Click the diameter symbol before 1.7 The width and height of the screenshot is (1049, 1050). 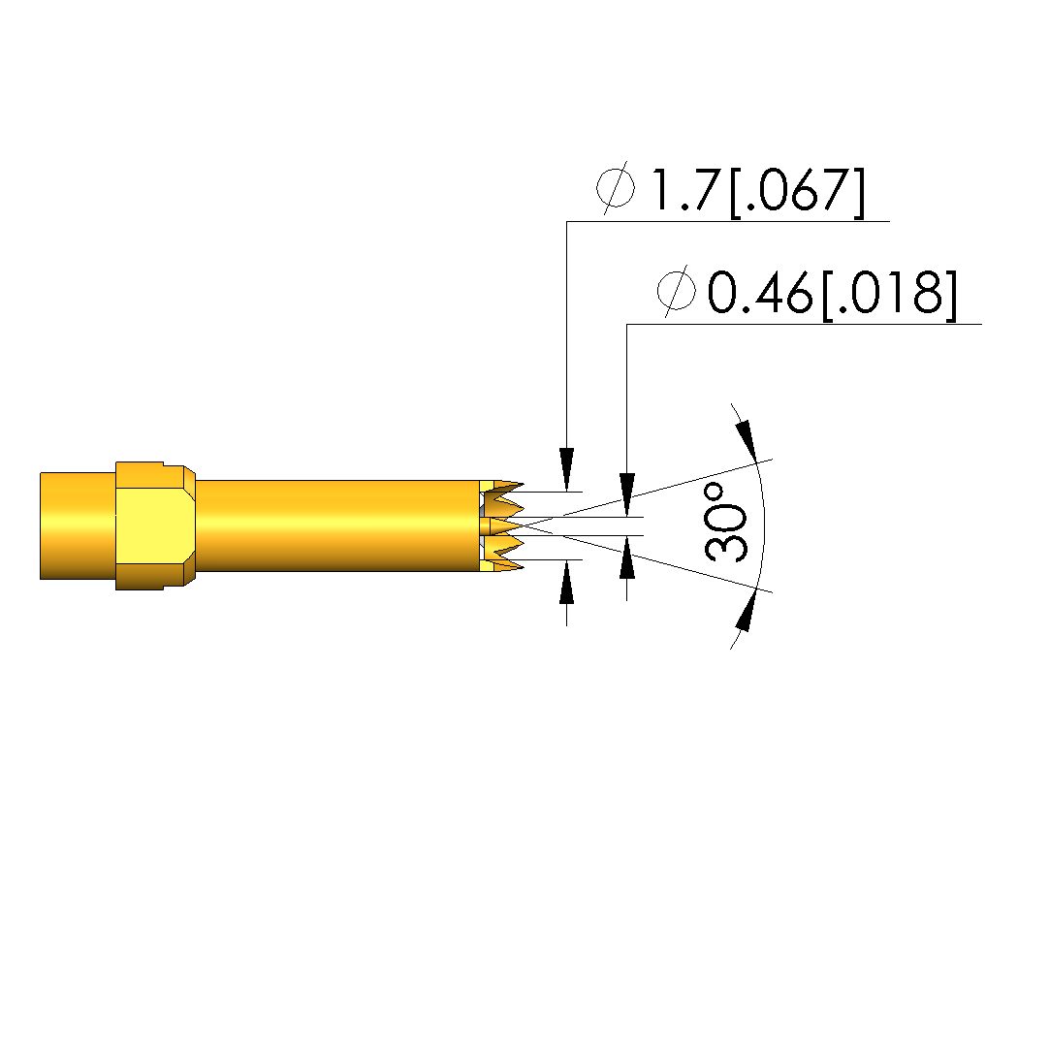pyautogui.click(x=616, y=187)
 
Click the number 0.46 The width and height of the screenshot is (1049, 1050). pyautogui.click(x=760, y=293)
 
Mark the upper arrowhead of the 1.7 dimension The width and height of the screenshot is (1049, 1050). pyautogui.click(x=567, y=469)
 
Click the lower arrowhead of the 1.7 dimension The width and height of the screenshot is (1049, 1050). pyautogui.click(x=567, y=582)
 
